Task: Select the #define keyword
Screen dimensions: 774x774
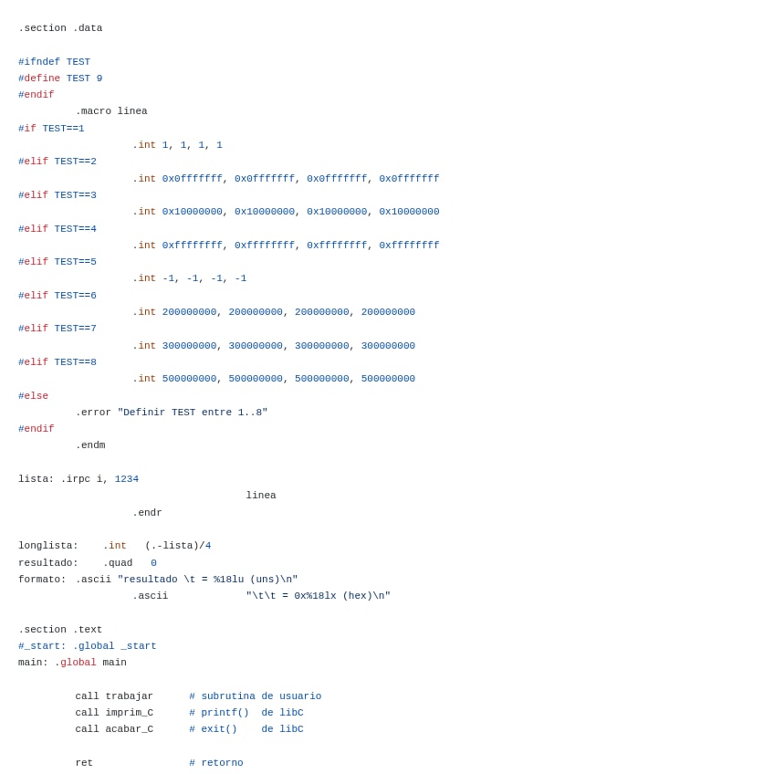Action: (39, 78)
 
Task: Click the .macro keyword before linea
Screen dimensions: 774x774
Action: (93, 111)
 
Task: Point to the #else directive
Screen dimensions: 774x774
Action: (33, 396)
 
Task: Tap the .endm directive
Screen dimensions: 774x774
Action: (90, 445)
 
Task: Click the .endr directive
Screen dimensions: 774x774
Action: (147, 513)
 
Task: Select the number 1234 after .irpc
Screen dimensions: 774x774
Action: (127, 479)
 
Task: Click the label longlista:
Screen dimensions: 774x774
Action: (48, 546)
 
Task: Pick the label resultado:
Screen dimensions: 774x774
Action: (48, 563)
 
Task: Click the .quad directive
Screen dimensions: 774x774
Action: (118, 563)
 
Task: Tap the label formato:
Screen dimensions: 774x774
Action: (42, 580)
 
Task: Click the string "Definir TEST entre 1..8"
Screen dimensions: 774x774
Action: (193, 413)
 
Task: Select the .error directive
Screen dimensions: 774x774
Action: (93, 413)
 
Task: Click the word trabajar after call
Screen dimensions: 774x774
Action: (129, 696)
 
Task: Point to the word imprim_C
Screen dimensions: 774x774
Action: (129, 713)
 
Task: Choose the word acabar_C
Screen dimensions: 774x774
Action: (129, 729)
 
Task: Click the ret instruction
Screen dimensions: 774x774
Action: (84, 763)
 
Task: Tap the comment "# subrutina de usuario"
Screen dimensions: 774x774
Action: (256, 696)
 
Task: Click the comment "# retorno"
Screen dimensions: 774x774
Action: (216, 763)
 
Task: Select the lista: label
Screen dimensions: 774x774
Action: (36, 479)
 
